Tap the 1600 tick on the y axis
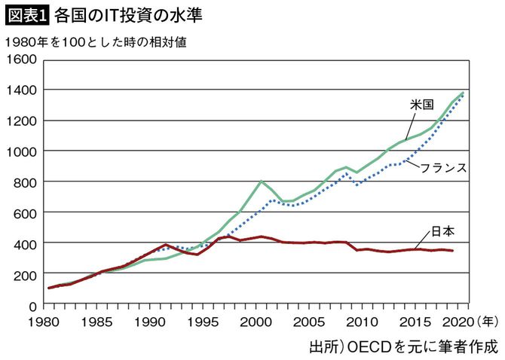pos(21,59)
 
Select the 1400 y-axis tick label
pos(21,90)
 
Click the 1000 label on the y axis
pos(21,151)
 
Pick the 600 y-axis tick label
pos(24,213)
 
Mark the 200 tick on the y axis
pos(24,274)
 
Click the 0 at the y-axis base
pos(33,305)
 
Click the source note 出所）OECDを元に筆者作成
pos(403,346)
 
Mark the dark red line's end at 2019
pos(452,251)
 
